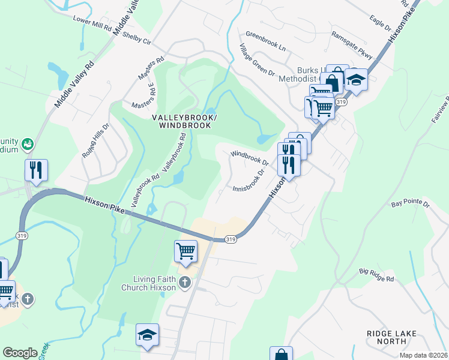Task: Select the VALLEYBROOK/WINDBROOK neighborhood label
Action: coord(185,121)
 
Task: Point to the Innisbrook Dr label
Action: coord(249,181)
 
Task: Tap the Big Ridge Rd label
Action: coord(377,276)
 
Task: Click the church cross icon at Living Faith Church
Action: coord(185,282)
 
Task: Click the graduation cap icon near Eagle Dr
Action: coord(356,79)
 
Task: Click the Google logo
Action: coord(20,353)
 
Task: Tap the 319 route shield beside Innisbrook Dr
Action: coord(230,239)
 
